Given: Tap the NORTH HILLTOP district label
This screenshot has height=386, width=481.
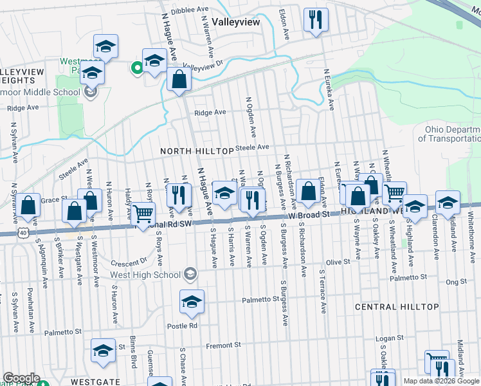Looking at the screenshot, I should tap(197, 151).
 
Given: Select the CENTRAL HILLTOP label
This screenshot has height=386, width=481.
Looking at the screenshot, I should tap(397, 308).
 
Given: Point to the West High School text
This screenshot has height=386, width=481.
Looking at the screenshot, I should tap(145, 275).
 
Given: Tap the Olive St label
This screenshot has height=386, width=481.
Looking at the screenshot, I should tap(338, 262).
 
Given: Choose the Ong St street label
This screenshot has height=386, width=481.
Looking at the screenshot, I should tap(456, 281).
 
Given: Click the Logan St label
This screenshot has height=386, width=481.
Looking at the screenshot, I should tap(389, 337).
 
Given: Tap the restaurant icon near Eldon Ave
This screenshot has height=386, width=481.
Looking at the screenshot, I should tap(316, 20).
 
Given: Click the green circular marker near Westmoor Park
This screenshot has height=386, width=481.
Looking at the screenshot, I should tap(136, 66).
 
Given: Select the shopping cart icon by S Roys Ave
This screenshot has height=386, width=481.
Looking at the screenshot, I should tap(143, 213).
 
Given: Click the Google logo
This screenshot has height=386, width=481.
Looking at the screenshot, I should tap(21, 378).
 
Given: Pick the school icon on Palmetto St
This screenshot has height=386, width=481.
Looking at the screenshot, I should tap(192, 302).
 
